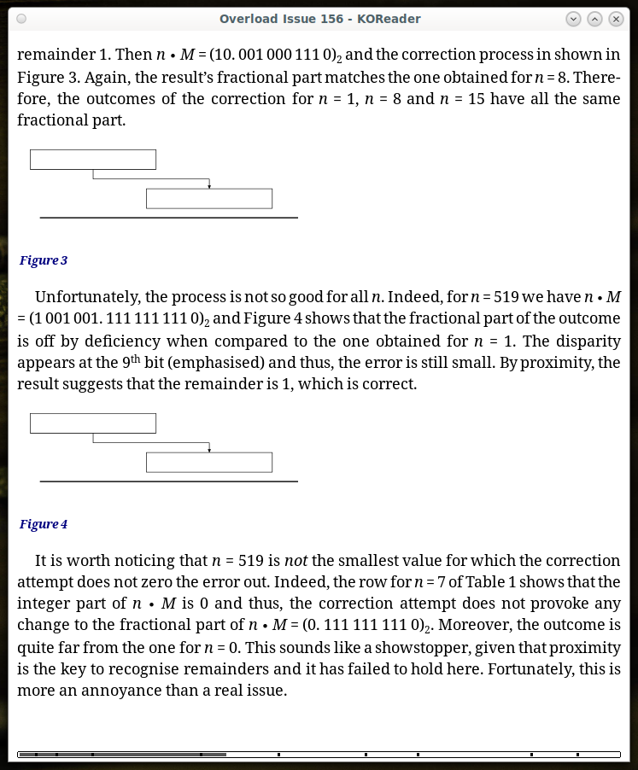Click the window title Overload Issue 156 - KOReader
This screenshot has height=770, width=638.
coord(319,19)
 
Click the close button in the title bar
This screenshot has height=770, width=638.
coord(616,19)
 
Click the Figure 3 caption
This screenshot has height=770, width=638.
coord(44,260)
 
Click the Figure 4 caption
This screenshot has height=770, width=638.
coord(44,524)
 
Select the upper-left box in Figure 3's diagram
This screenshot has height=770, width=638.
coord(93,160)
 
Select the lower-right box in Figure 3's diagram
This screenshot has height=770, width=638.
coord(209,199)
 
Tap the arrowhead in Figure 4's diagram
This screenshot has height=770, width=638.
coord(209,449)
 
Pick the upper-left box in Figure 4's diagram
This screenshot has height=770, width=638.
coord(93,423)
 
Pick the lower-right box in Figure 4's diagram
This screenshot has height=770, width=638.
coord(209,463)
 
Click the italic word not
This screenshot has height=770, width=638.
coord(295,561)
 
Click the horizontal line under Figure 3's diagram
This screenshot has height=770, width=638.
coord(169,218)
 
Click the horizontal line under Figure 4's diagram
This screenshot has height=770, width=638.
coord(169,481)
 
